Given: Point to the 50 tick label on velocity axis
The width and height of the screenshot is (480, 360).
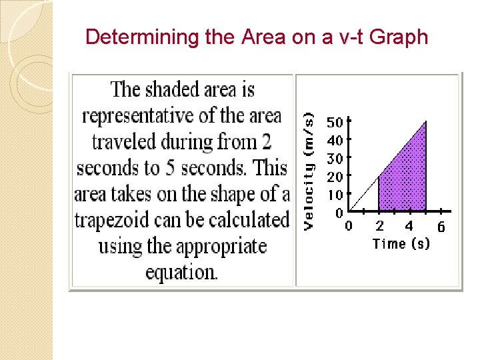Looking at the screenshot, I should (x=334, y=123).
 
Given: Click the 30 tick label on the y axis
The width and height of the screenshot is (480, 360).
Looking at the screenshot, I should (x=334, y=159).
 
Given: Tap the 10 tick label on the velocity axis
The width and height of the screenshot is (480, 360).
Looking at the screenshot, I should (x=334, y=195).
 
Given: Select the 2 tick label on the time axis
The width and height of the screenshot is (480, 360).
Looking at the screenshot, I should (x=379, y=227).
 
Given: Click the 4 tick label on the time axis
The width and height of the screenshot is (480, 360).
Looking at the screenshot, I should (x=409, y=227).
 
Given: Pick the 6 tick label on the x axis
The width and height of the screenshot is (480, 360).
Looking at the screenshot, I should (x=441, y=227).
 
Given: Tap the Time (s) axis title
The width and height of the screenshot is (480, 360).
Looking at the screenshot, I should (x=401, y=244).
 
